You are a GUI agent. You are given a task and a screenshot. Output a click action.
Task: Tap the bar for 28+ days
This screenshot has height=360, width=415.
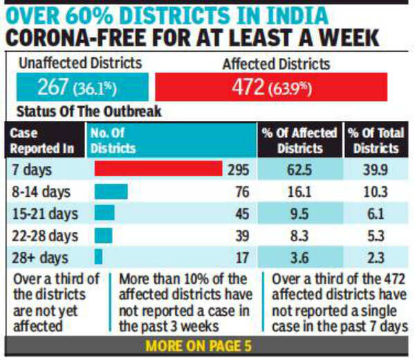click(98, 257)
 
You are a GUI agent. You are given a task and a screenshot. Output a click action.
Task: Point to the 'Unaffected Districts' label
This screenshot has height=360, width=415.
click(77, 64)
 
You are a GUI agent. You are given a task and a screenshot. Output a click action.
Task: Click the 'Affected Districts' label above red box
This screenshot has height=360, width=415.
click(276, 64)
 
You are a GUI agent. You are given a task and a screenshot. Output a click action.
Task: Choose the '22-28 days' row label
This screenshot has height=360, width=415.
click(42, 236)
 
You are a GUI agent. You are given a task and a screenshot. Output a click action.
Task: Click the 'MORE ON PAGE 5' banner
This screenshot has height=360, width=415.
click(207, 345)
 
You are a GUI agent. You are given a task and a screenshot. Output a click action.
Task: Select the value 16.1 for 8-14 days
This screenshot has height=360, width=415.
click(299, 191)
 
